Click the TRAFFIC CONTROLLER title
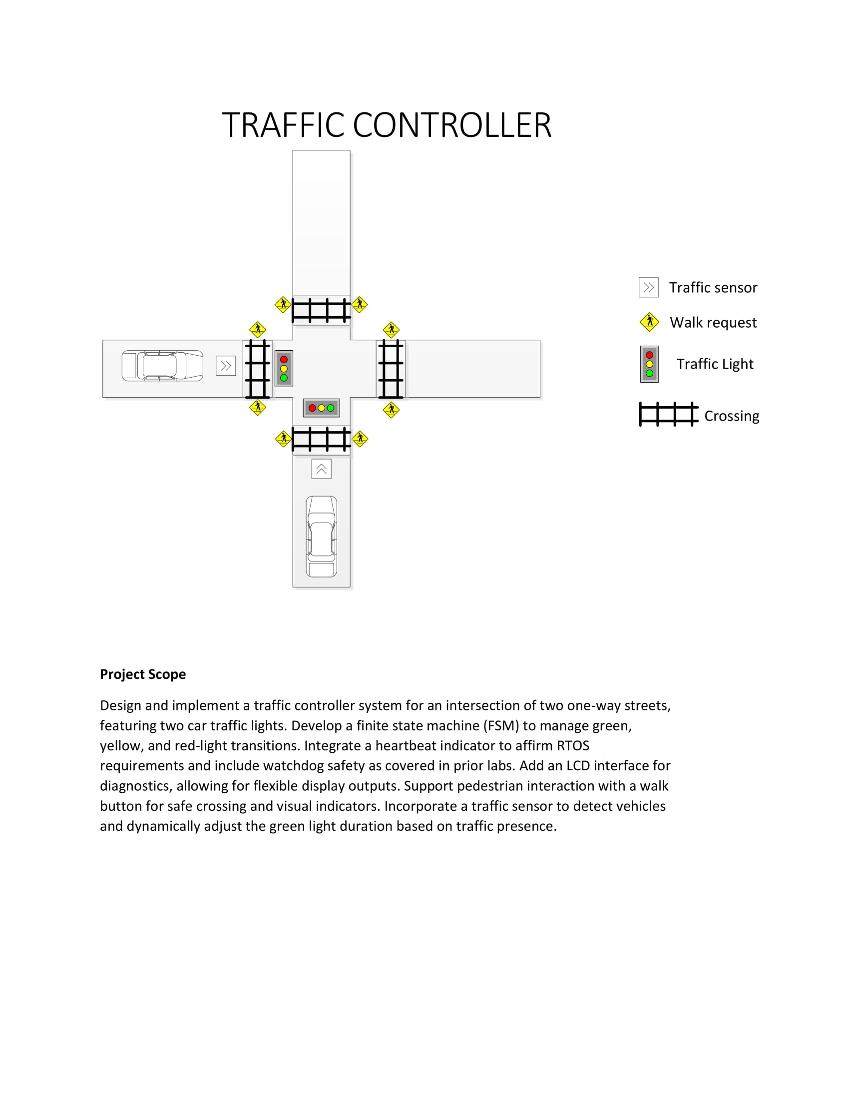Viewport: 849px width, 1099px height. (386, 125)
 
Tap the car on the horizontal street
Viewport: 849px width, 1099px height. (162, 365)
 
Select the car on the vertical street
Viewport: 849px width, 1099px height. (322, 537)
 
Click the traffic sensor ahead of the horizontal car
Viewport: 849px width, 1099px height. (226, 366)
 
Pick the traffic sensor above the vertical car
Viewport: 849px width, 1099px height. (322, 469)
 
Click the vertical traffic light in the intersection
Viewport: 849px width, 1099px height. (284, 368)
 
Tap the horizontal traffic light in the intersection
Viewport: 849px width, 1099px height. (322, 408)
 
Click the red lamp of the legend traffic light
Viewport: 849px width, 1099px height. (649, 355)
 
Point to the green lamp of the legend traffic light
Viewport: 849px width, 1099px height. (649, 373)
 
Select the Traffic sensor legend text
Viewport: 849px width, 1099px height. (713, 287)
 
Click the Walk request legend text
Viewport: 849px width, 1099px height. (713, 322)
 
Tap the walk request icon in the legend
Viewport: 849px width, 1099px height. (649, 322)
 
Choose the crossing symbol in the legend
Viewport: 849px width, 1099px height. (668, 415)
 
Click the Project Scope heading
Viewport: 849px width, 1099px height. (143, 674)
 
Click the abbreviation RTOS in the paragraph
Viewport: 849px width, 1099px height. (573, 745)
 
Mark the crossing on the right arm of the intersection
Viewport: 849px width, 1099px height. (391, 368)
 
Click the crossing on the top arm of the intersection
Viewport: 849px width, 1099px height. (322, 310)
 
